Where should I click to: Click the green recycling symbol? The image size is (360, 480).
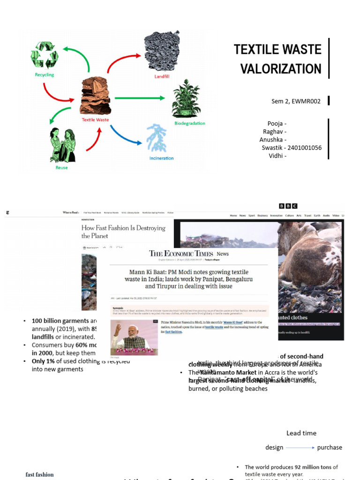(x=44, y=55)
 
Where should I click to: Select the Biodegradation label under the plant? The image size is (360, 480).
(x=189, y=123)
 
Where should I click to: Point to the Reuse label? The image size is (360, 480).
(x=61, y=167)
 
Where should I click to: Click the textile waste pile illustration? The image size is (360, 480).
(x=96, y=96)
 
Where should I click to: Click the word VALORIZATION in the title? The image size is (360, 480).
(x=281, y=69)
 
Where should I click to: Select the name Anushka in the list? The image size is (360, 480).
(x=271, y=140)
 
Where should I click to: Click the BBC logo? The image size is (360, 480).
(x=288, y=206)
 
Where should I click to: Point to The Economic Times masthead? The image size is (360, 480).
(x=181, y=254)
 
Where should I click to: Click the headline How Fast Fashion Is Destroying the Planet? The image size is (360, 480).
(x=123, y=232)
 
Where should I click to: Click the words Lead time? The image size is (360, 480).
(x=301, y=433)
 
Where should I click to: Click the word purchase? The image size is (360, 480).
(x=330, y=448)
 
